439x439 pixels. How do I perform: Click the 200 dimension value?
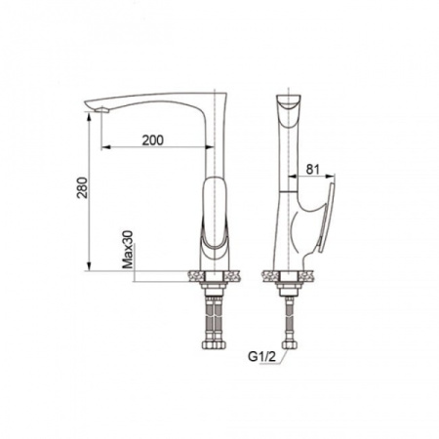coord(153,140)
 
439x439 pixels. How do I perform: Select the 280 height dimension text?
coord(83,187)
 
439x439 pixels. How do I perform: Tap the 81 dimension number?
coord(313,169)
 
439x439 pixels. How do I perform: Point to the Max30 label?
coord(128,250)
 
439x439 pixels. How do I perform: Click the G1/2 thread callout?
coord(261,357)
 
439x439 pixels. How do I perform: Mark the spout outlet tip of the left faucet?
coord(103,110)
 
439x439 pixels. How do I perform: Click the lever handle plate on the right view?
coord(327,218)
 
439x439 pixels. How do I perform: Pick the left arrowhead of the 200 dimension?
coord(105,147)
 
